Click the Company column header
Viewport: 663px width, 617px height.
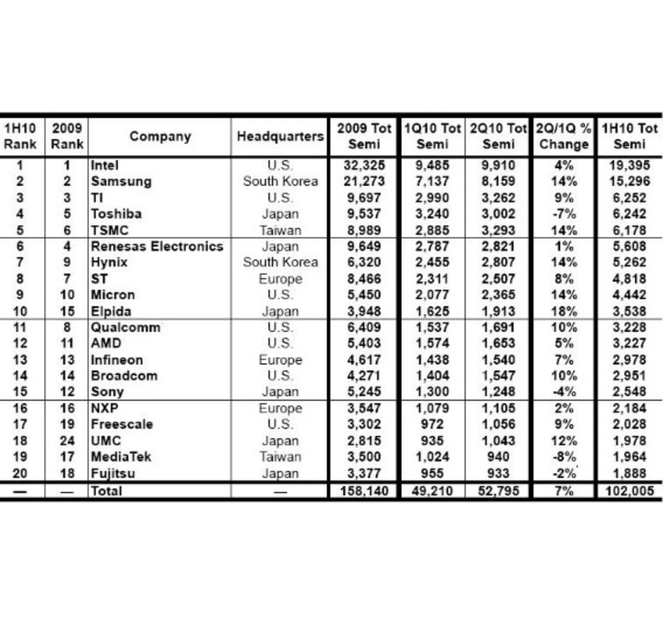[x=160, y=136]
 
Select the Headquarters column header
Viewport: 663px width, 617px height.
[x=280, y=136]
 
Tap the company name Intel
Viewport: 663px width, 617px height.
[x=105, y=165]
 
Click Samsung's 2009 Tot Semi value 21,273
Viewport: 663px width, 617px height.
[x=364, y=181]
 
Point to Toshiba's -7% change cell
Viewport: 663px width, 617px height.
[x=564, y=214]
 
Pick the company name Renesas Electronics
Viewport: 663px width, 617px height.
[x=157, y=246]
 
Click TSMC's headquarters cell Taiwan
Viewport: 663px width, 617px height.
[x=280, y=230]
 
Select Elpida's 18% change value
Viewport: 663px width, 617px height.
[x=564, y=311]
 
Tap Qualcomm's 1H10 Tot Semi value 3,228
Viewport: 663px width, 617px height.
[x=629, y=327]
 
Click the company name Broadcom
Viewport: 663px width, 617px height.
[x=124, y=376]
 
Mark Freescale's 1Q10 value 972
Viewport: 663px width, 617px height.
[x=432, y=424]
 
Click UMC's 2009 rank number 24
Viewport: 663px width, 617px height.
[x=67, y=441]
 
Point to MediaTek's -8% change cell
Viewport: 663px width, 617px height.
[x=564, y=457]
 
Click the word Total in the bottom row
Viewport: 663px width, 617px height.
[x=107, y=491]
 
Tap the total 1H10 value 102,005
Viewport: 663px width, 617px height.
[x=629, y=491]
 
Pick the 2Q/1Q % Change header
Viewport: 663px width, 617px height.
[x=564, y=136]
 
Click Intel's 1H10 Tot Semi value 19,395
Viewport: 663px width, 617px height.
[x=629, y=165]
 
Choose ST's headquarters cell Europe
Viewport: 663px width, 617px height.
[x=280, y=279]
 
